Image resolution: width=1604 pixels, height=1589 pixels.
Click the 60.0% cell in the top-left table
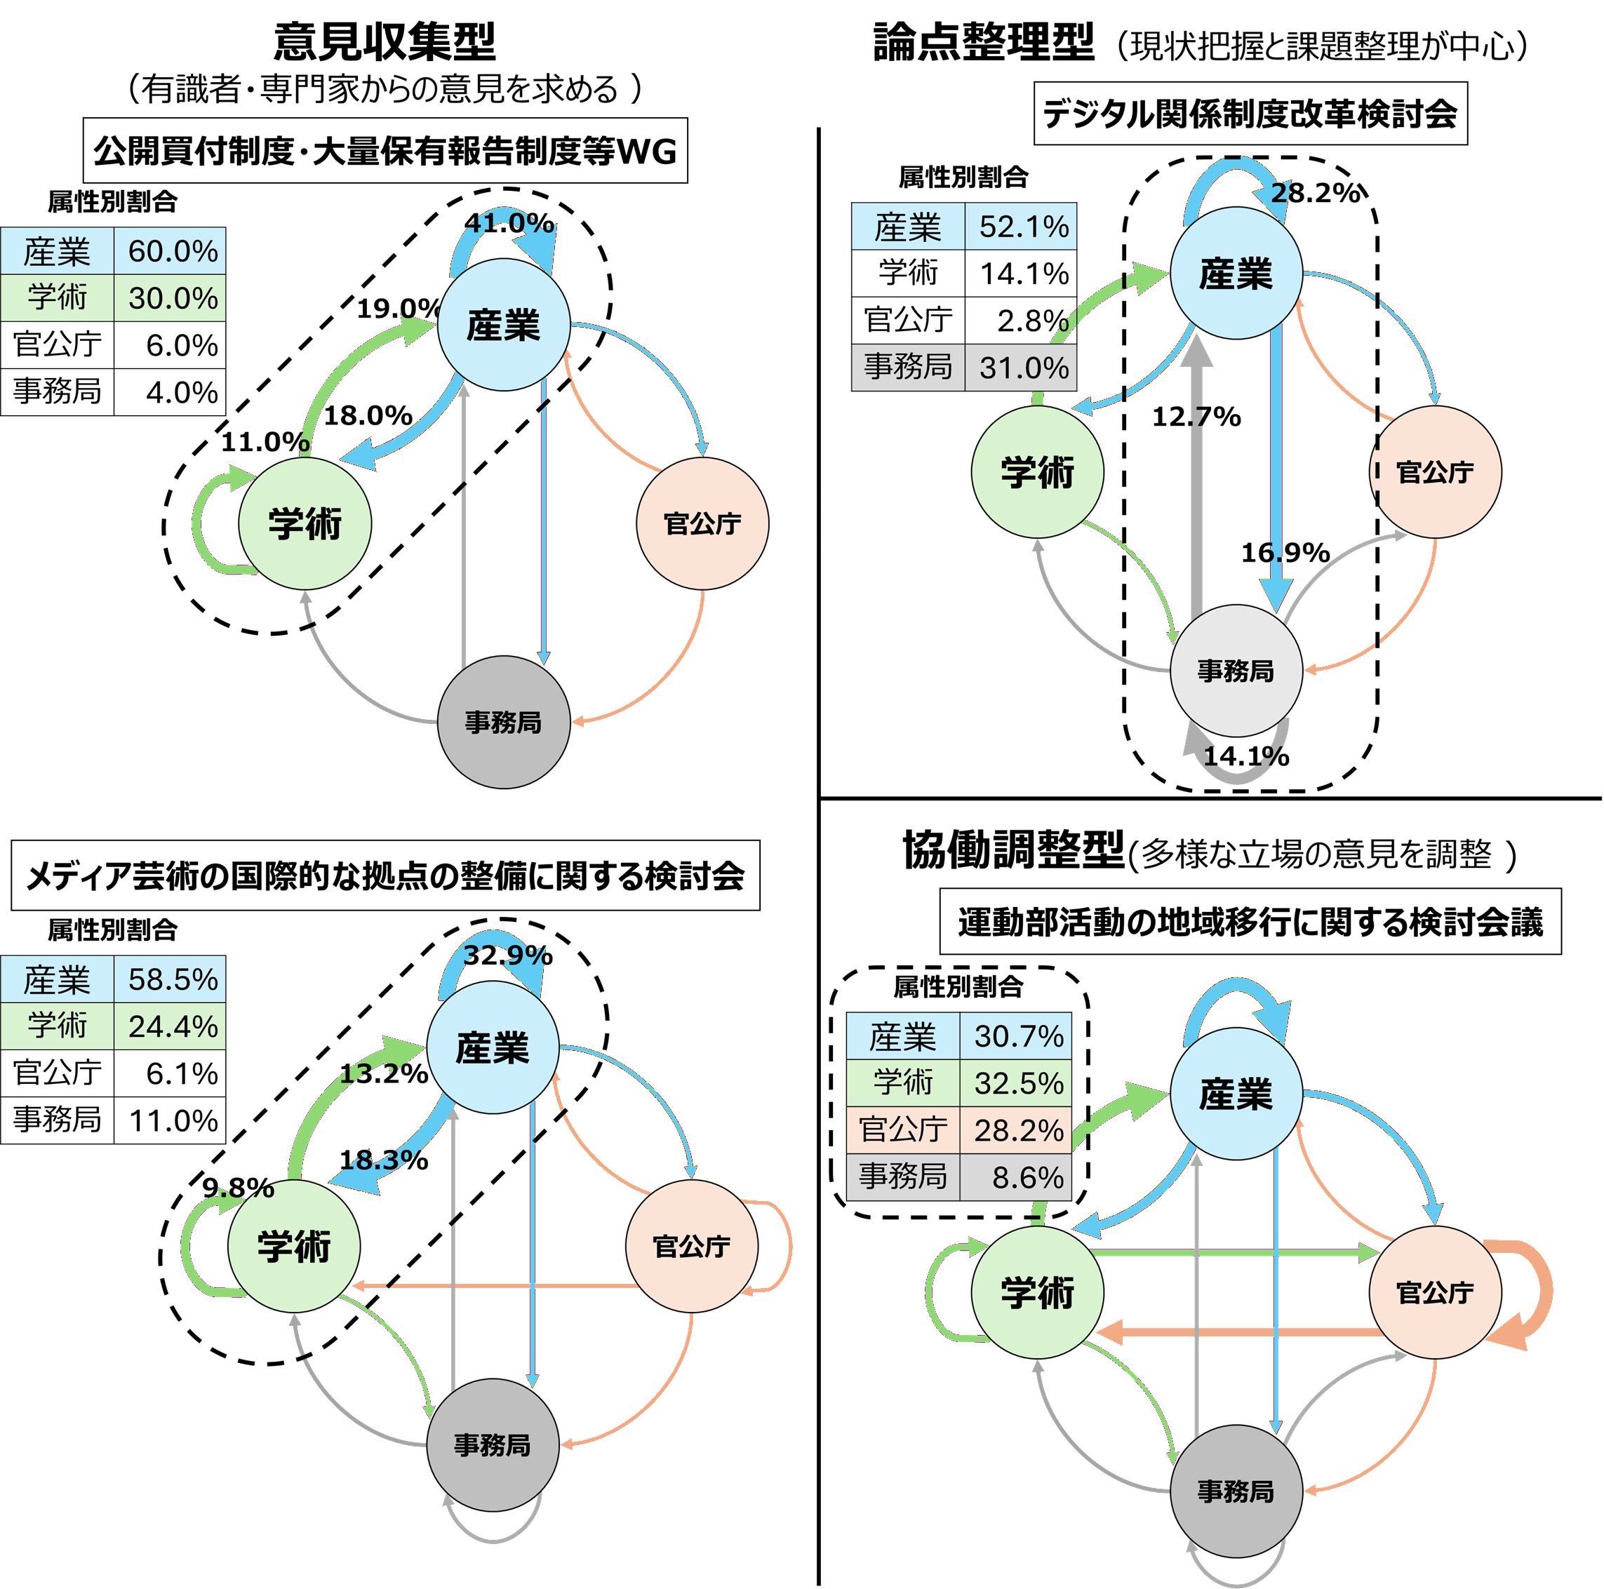pyautogui.click(x=172, y=250)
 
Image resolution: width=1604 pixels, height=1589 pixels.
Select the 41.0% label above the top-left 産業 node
pyautogui.click(x=509, y=222)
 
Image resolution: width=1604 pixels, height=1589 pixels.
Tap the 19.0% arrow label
pyautogui.click(x=398, y=308)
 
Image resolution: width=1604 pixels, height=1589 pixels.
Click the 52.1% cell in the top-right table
pyautogui.click(x=1023, y=227)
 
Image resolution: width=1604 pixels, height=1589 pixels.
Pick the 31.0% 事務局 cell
pyautogui.click(x=1023, y=367)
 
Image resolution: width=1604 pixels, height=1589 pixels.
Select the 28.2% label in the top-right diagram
pyautogui.click(x=1316, y=193)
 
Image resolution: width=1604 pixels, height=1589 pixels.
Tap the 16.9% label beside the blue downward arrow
pyautogui.click(x=1284, y=552)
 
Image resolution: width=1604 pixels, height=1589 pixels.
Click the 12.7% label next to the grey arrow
pyautogui.click(x=1196, y=416)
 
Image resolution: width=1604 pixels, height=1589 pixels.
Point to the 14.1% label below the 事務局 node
pyautogui.click(x=1245, y=756)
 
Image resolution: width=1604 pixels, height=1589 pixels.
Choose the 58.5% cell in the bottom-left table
pyautogui.click(x=172, y=979)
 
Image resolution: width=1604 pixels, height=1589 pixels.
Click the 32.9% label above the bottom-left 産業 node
pyautogui.click(x=507, y=955)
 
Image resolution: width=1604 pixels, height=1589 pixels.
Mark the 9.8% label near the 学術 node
pyautogui.click(x=239, y=1187)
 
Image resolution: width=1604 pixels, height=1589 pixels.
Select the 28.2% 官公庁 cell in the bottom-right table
pyautogui.click(x=1018, y=1130)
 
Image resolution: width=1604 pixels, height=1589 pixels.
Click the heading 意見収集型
pyautogui.click(x=385, y=41)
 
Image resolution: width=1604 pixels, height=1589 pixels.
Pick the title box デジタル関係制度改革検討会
pyautogui.click(x=1250, y=114)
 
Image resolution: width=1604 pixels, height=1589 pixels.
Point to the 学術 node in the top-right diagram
pyautogui.click(x=1037, y=471)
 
